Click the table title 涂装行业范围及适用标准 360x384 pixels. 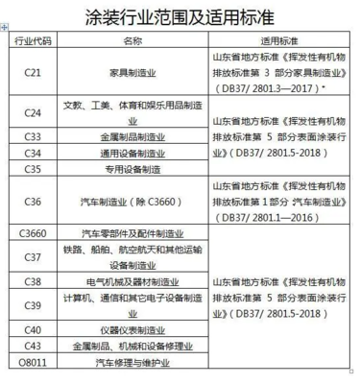[x=180, y=16]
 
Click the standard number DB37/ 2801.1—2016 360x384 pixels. [x=277, y=218]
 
